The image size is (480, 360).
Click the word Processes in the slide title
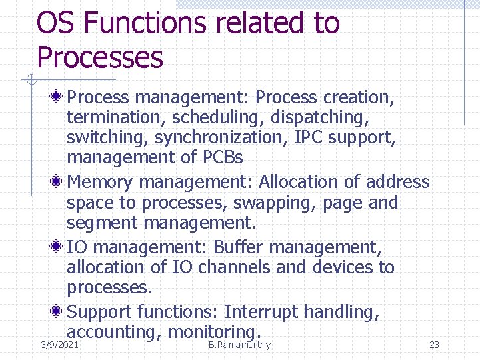click(100, 57)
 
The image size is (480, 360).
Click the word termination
click(116, 118)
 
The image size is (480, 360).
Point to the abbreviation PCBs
click(221, 158)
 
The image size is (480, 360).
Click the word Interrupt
click(261, 312)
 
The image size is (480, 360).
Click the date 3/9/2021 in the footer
click(59, 345)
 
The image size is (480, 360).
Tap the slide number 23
click(434, 345)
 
